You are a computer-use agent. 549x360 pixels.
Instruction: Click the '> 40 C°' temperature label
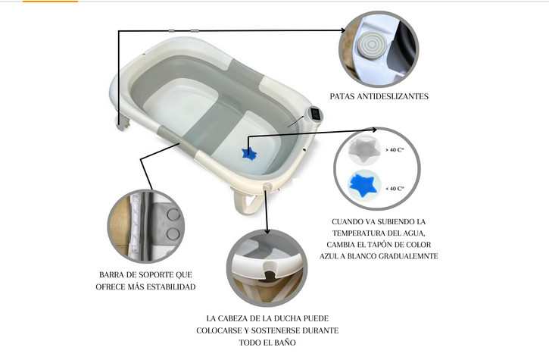pos(395,150)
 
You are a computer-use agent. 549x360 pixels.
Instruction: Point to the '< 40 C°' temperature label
pos(395,186)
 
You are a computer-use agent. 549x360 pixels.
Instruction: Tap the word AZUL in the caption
pos(342,256)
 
